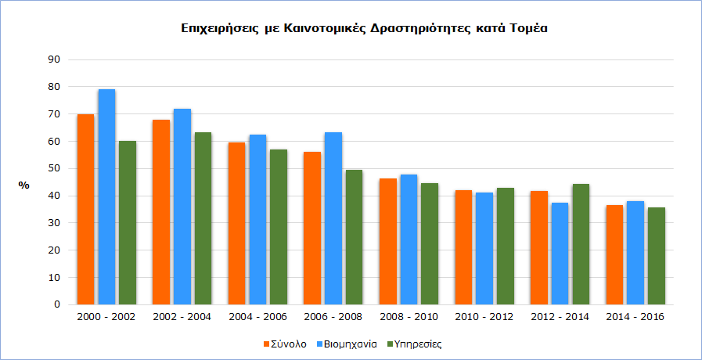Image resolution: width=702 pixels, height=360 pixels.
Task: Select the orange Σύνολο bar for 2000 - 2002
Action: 85,210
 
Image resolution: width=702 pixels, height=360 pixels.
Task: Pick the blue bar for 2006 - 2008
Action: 333,218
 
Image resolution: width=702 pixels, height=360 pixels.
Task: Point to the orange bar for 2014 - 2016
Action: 614,255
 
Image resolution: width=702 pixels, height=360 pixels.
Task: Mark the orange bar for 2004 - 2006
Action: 236,224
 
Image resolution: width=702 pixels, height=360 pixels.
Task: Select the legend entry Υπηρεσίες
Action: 419,344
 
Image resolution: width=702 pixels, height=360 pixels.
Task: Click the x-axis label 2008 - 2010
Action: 409,317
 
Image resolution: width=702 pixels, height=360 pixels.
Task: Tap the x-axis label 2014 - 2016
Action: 635,317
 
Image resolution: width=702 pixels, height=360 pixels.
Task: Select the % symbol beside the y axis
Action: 24,185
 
